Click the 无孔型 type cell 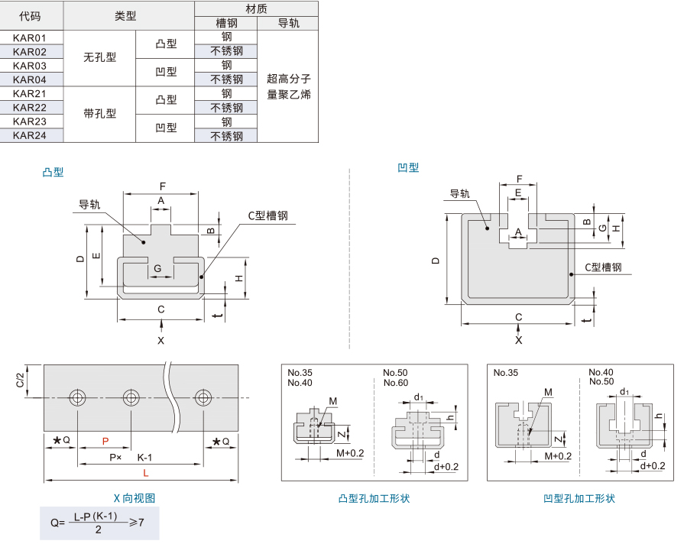100,58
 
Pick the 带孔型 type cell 100,115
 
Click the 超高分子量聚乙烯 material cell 288,86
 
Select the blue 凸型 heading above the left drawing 53,173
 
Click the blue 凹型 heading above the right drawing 408,168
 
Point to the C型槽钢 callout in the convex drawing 267,216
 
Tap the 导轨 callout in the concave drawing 460,194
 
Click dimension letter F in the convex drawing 162,186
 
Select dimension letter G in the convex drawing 157,269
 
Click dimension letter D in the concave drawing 436,261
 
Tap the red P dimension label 105,442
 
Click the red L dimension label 146,474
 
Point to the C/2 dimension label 20,380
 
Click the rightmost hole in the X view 203,397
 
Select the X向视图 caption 135,498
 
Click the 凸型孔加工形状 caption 374,499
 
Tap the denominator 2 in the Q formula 98,529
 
